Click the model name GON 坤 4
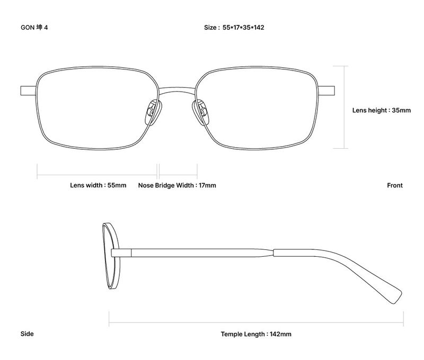(x=34, y=28)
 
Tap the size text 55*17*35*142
(x=243, y=28)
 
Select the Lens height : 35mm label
(x=381, y=110)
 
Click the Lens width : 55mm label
(x=98, y=185)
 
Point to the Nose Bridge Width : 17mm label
(x=177, y=185)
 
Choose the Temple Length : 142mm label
(x=256, y=334)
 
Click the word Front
(x=395, y=185)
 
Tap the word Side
(x=27, y=334)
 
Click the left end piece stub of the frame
(x=28, y=91)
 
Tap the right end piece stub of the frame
(x=326, y=91)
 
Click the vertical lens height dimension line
(x=344, y=107)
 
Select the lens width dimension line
(x=97, y=175)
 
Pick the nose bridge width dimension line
(x=178, y=175)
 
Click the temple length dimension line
(x=256, y=322)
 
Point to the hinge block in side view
(x=121, y=253)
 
